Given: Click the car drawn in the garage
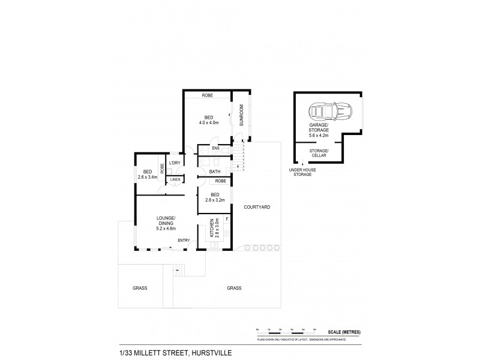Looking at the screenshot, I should (x=326, y=111).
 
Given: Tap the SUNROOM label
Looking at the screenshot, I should (x=242, y=115).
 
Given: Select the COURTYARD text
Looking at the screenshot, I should (x=257, y=207).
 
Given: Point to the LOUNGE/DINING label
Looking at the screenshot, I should (x=166, y=220).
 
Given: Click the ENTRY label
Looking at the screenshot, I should (x=184, y=241).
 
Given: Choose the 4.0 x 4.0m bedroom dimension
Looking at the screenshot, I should (x=208, y=123).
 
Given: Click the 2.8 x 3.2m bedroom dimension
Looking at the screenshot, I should (x=214, y=200).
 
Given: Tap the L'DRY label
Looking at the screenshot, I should (x=175, y=163).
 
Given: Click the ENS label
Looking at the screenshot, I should (x=215, y=148).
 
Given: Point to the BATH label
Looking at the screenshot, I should (x=215, y=172).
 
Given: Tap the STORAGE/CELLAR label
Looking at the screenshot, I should (x=319, y=152).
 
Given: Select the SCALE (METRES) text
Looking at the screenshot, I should (x=344, y=332).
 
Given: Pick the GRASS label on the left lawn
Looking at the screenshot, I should (x=140, y=288).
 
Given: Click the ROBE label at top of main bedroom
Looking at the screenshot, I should (x=208, y=95).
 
